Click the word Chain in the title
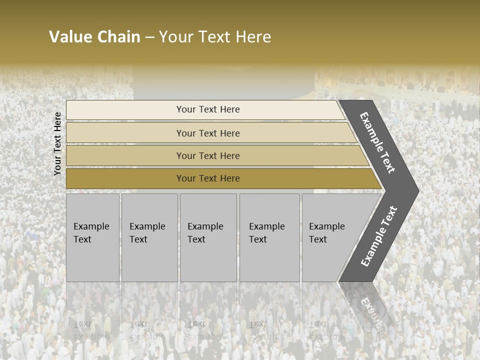[x=118, y=37]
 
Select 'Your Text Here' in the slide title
[x=215, y=37]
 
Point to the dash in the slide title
[x=150, y=37]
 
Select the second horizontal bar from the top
[x=207, y=133]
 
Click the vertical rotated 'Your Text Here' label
[x=57, y=143]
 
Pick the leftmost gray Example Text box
[x=92, y=237]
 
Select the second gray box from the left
[x=149, y=237]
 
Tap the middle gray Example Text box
[x=208, y=237]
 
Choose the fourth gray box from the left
[x=269, y=237]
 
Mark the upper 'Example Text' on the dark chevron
[x=377, y=142]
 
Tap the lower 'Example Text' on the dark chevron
[x=379, y=236]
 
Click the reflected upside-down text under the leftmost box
[x=91, y=330]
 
